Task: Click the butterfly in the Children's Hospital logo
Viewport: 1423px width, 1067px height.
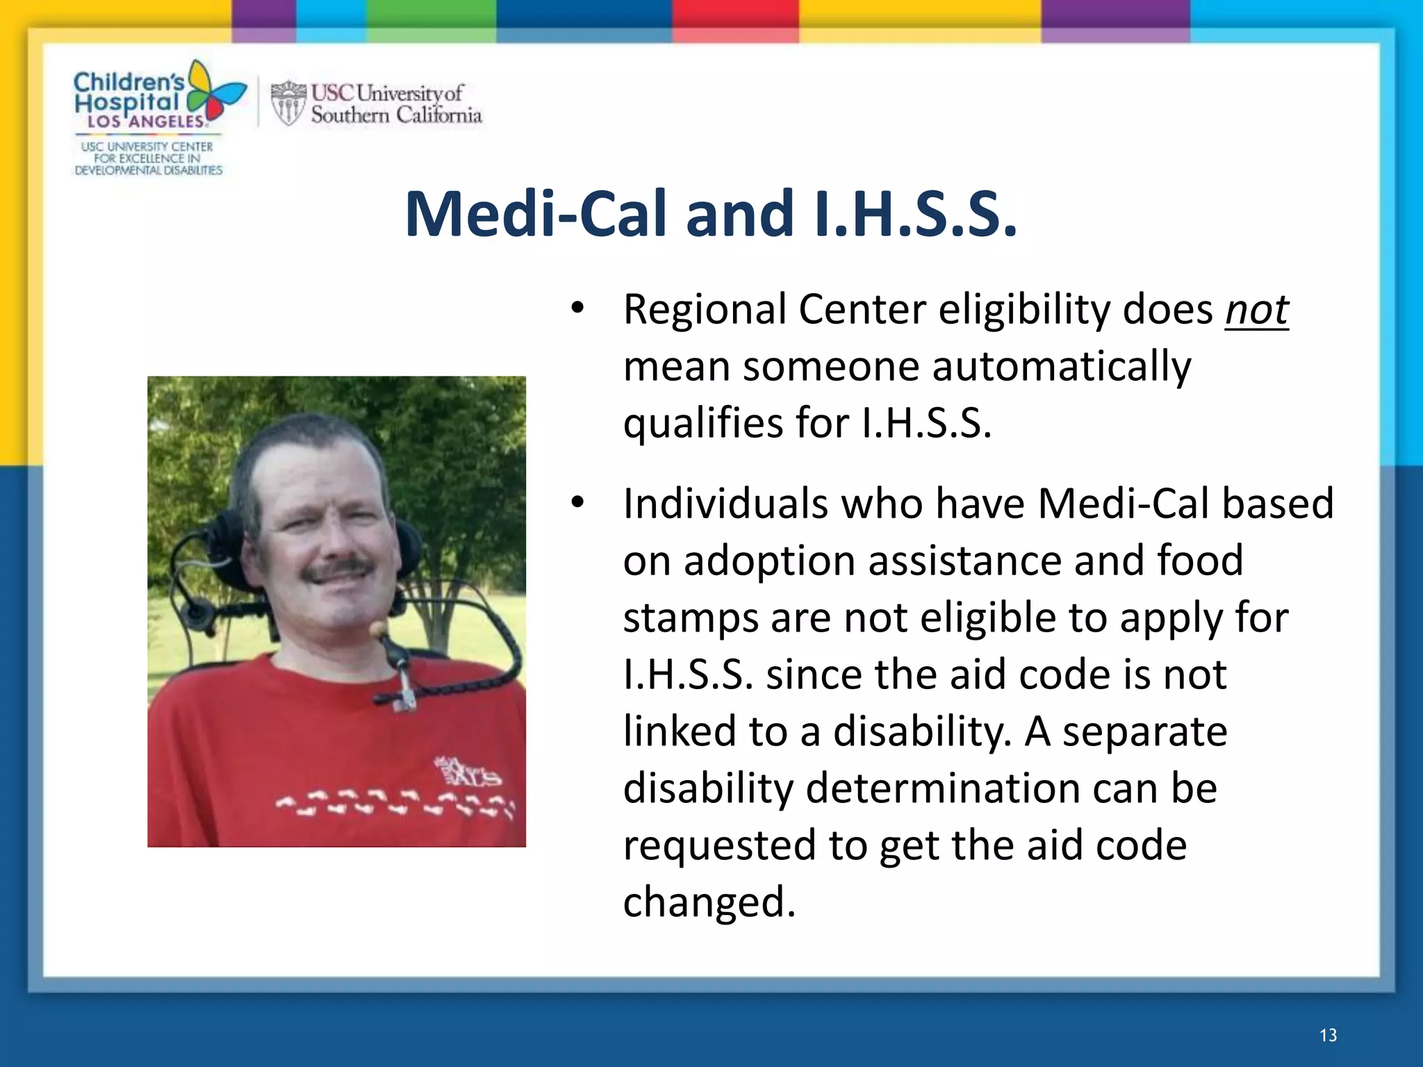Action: pos(216,94)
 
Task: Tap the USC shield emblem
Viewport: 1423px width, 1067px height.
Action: pos(288,104)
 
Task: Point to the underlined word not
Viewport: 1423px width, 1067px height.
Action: pos(1256,310)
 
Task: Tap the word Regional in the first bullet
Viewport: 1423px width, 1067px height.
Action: pos(704,310)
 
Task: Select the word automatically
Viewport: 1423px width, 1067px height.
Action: pos(1061,367)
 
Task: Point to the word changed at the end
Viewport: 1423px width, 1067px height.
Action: pos(709,902)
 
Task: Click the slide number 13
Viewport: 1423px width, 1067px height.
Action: pos(1328,1036)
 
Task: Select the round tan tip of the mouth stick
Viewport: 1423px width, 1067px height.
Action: pos(379,629)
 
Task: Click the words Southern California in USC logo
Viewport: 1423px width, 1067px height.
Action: pos(396,115)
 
